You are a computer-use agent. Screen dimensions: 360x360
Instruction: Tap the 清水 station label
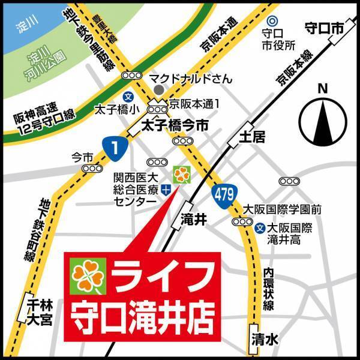(264, 340)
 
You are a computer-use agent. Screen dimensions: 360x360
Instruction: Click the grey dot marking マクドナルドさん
(158, 89)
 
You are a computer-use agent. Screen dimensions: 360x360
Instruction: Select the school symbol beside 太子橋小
(128, 96)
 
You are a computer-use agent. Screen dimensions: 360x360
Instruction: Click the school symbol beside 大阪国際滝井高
(260, 228)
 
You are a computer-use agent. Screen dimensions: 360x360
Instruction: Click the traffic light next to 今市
(92, 169)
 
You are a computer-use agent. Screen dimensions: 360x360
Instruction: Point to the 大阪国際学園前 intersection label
(282, 209)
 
